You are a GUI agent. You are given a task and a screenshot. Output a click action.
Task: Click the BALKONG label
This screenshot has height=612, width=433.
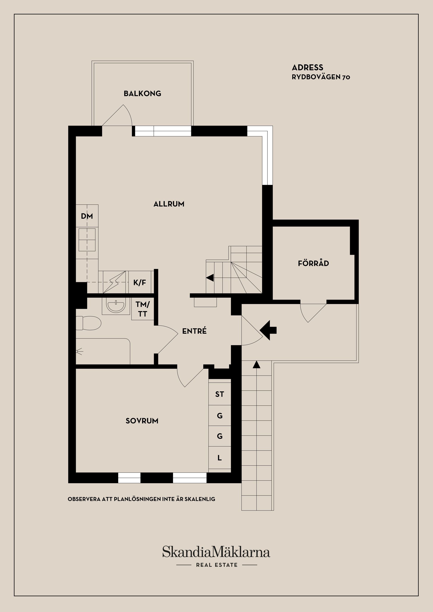(x=142, y=94)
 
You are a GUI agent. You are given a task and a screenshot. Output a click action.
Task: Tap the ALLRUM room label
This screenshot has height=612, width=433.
(x=169, y=204)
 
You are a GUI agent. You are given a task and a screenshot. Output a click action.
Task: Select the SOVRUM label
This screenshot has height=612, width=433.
(x=142, y=421)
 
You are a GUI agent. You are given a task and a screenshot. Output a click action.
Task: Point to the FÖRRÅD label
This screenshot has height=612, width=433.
(x=313, y=263)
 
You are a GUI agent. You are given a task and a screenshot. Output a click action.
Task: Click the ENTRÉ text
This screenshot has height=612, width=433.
(x=194, y=331)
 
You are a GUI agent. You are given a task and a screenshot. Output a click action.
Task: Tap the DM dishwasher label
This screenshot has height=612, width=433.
(x=87, y=216)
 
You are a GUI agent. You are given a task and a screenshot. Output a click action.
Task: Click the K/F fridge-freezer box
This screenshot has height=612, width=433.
(x=140, y=282)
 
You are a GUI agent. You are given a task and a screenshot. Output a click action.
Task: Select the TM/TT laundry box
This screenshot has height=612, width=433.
(x=143, y=309)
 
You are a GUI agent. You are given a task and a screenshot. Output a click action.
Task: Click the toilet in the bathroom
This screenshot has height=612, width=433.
(x=89, y=323)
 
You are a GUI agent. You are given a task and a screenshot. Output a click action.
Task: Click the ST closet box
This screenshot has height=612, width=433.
(x=219, y=394)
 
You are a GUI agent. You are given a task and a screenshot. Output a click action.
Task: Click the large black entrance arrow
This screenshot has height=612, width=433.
(x=268, y=330)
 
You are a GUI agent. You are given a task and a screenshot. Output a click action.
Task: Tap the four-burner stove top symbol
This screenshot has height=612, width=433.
(x=87, y=239)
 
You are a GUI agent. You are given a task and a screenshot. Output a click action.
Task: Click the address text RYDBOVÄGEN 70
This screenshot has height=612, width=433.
(x=321, y=77)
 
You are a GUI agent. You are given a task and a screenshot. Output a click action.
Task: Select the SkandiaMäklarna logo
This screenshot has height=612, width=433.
(x=216, y=552)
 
